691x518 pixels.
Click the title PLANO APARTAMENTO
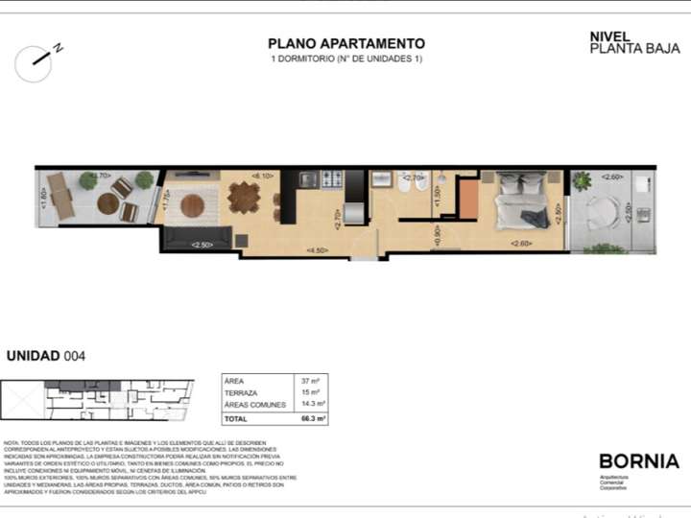(345, 43)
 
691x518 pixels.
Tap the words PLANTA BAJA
(621, 48)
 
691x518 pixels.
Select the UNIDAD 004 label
(46, 356)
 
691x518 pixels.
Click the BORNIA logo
(638, 461)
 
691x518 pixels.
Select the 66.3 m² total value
(313, 419)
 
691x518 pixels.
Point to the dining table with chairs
(244, 198)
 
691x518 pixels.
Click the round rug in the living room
(193, 205)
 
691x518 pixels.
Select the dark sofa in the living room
(197, 234)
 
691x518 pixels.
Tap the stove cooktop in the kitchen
(331, 178)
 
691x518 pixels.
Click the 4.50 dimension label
(316, 250)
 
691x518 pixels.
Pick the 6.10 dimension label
(261, 176)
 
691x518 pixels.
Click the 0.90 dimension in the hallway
(438, 235)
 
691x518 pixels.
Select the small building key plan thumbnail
(96, 400)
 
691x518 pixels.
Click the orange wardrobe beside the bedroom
(468, 199)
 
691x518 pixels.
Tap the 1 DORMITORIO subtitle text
(345, 59)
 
